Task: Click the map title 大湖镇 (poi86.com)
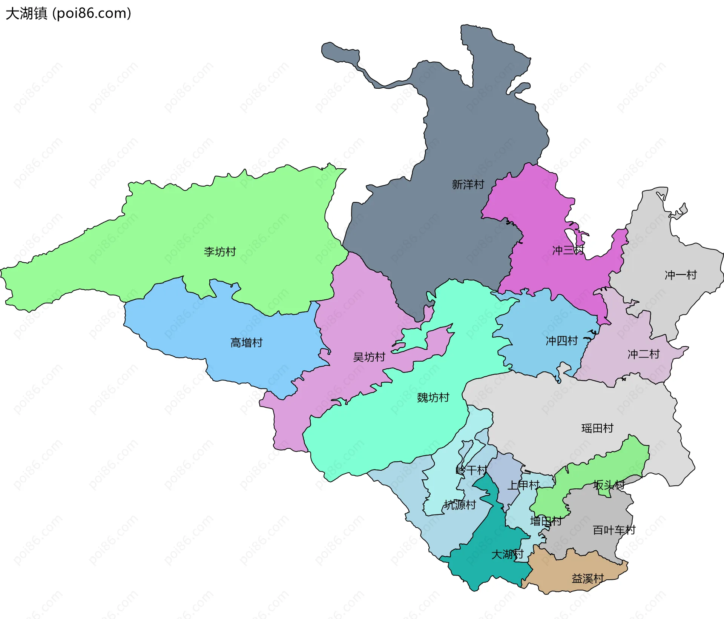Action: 68,13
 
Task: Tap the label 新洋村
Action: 468,185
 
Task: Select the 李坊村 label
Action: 220,252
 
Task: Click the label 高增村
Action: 246,343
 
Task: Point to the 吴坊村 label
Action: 369,357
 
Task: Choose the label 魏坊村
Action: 433,397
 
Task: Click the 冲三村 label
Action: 568,250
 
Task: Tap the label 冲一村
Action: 681,275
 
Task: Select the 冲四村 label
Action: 561,341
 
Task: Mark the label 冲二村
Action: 643,354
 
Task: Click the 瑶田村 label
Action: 597,428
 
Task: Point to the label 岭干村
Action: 471,470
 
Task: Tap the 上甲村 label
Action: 523,485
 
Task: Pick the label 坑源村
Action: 460,505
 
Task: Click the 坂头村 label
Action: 609,485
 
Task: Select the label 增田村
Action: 546,521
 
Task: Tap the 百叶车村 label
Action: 614,530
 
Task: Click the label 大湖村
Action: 507,554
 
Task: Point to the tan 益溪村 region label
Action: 587,579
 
